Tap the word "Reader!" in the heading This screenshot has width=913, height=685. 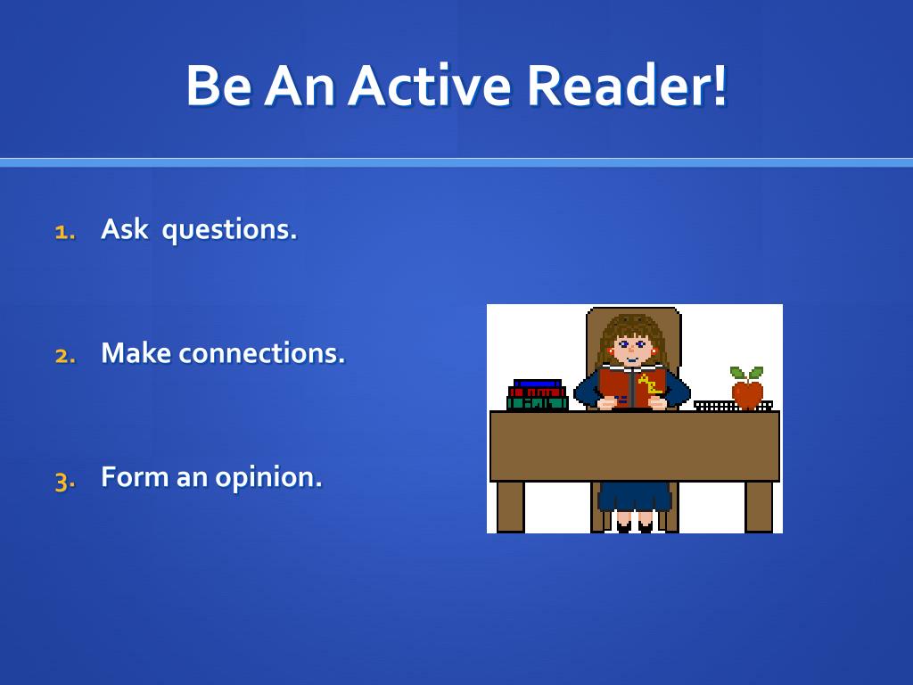(x=627, y=86)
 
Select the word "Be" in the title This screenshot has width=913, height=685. (x=218, y=86)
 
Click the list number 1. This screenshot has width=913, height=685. (x=63, y=232)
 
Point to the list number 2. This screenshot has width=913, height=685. (x=64, y=355)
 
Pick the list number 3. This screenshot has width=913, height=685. (x=64, y=480)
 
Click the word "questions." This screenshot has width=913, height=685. (x=229, y=230)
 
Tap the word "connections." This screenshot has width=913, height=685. (x=261, y=353)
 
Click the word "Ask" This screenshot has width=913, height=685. (x=124, y=229)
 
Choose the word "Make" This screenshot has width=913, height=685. (x=136, y=353)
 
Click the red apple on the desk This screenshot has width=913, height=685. (x=747, y=394)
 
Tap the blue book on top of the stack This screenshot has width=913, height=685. (x=537, y=384)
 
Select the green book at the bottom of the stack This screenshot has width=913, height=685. (x=537, y=403)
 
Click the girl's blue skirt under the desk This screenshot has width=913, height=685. (x=634, y=496)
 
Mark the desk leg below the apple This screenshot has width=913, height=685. (x=759, y=507)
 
